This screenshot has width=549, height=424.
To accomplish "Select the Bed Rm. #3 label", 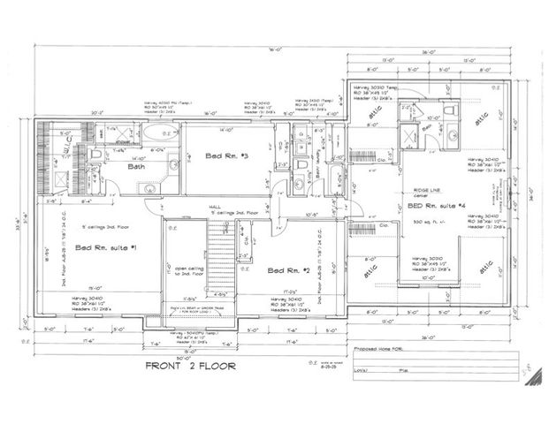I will pos(227,155).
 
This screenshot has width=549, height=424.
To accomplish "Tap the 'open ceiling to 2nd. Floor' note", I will pos(185,272).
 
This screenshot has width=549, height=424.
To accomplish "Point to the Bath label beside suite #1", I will pos(136,166).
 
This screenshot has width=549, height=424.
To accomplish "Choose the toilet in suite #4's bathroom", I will pos(453,135).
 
